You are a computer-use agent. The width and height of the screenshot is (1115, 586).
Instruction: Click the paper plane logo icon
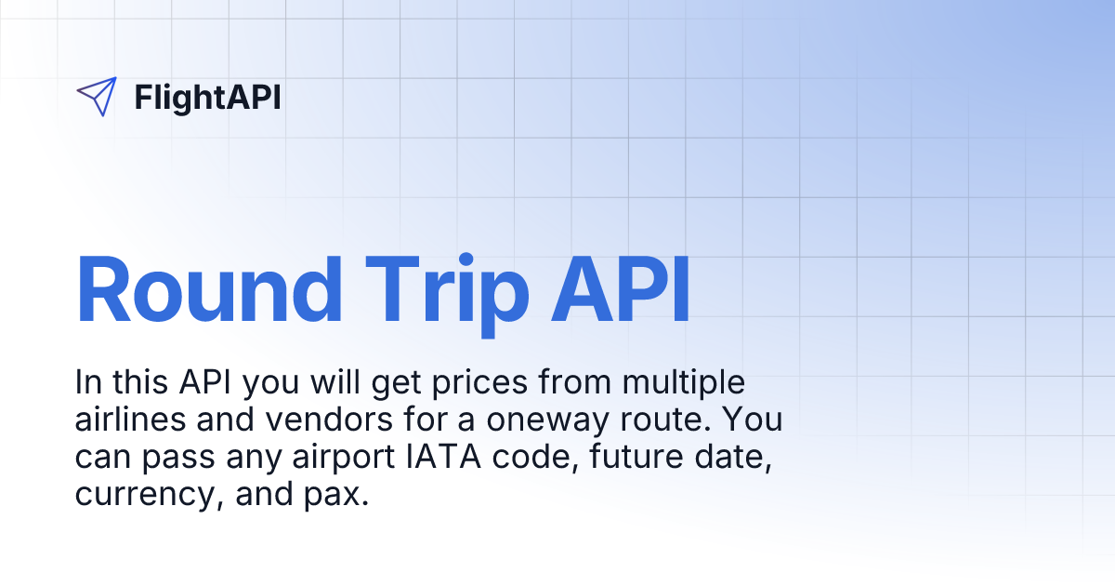pos(97,96)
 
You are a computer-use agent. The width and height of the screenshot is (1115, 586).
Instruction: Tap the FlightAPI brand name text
pos(207,97)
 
